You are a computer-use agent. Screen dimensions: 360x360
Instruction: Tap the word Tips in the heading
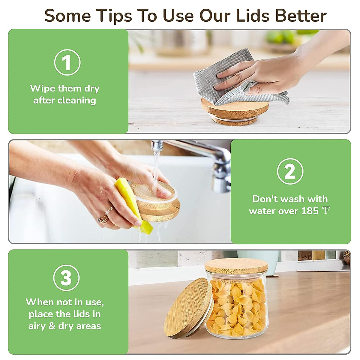(x=114, y=16)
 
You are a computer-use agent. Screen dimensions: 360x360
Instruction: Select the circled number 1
(x=67, y=62)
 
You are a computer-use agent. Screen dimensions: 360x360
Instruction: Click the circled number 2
(x=290, y=172)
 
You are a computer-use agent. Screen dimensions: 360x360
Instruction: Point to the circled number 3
(x=66, y=277)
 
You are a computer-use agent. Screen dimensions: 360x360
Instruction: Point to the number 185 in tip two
(x=310, y=211)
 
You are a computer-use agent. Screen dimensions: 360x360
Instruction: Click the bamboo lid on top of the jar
(x=236, y=265)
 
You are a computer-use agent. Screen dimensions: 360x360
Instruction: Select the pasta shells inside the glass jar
(x=237, y=306)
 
